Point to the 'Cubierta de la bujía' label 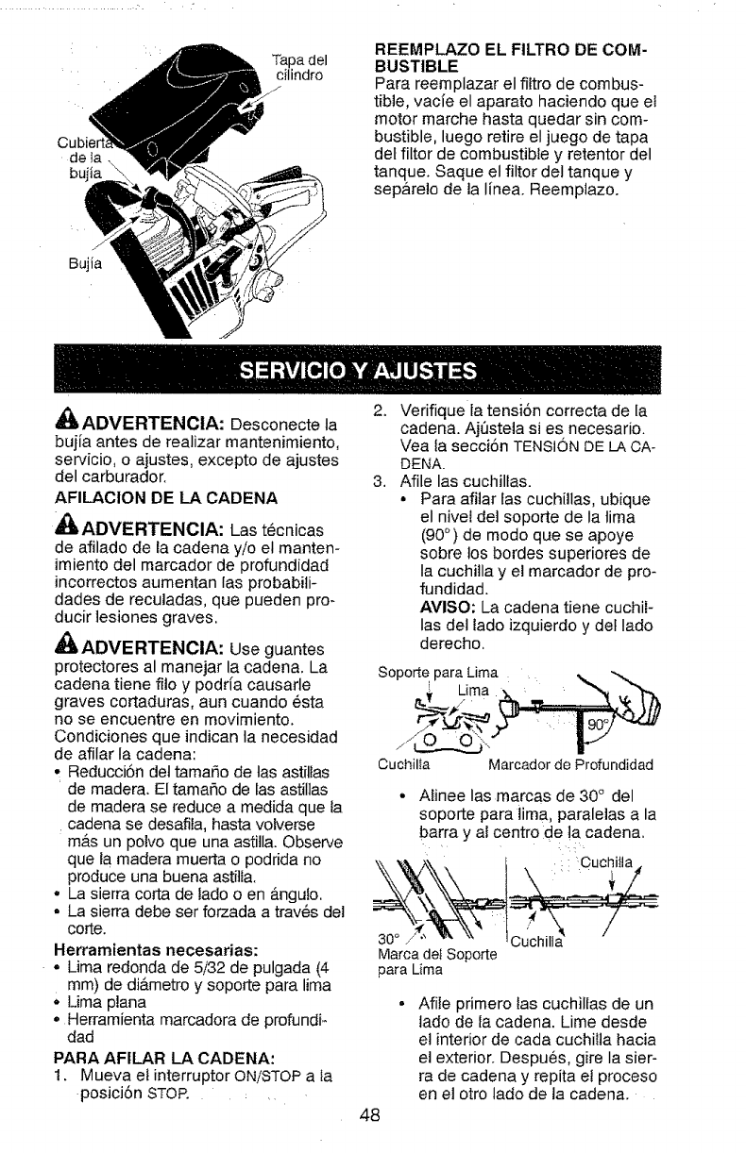pyautogui.click(x=92, y=160)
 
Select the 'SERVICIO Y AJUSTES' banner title pyautogui.click(x=372, y=369)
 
